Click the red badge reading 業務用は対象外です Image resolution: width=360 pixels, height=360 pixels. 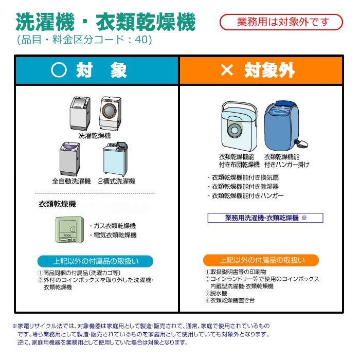[281, 22]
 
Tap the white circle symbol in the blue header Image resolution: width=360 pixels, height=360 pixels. [59, 70]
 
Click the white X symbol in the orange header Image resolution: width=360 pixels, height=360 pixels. [227, 70]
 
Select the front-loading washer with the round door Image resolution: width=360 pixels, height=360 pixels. [110, 114]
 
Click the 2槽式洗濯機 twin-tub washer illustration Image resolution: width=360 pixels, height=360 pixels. [115, 158]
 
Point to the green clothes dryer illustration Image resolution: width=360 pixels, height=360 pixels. [70, 229]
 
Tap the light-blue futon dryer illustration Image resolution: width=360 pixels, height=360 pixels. [239, 127]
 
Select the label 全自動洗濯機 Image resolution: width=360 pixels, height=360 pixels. [71, 182]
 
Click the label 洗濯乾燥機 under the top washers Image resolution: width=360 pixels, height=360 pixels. [95, 136]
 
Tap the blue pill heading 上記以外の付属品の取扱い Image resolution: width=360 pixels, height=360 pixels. [95, 261]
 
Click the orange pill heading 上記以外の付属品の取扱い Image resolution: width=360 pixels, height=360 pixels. [261, 260]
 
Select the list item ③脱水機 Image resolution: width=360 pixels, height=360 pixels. [216, 293]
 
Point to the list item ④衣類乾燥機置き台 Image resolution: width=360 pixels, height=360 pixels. [229, 300]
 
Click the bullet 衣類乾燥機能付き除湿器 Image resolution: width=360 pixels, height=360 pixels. [243, 187]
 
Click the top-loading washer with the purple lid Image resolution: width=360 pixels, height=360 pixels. [70, 159]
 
